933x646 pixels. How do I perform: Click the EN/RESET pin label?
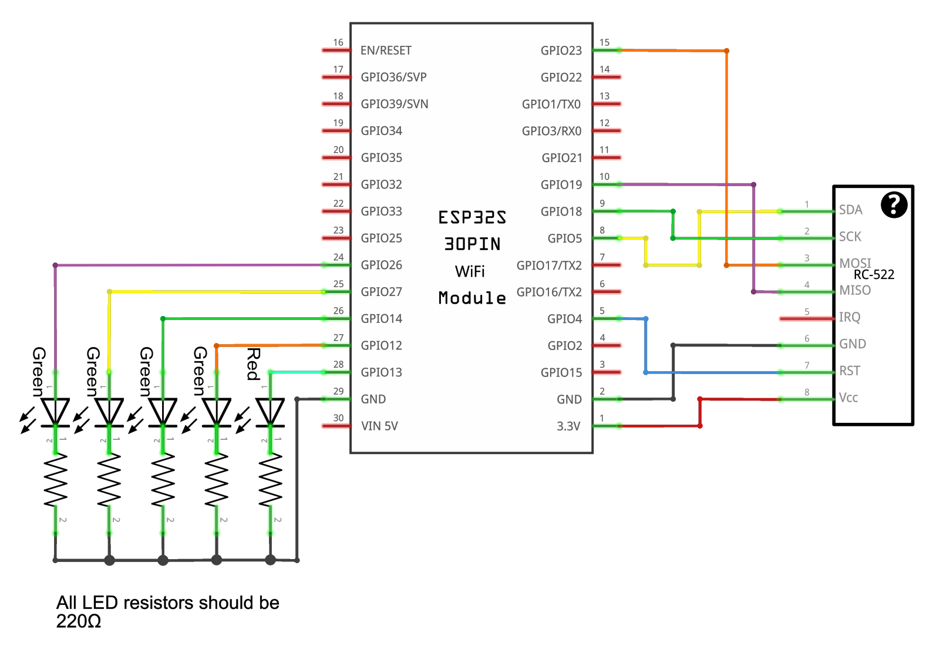coord(386,51)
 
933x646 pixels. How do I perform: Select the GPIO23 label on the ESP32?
coord(561,51)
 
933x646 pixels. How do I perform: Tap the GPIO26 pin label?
coord(381,265)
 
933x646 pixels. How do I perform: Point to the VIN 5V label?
coord(379,426)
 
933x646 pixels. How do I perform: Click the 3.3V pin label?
coord(568,426)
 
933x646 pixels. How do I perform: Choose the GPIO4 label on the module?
coord(564,319)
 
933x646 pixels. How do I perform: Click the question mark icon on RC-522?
coord(894,205)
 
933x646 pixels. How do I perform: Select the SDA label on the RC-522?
coord(850,210)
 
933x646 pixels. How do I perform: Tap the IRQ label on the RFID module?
coord(849,317)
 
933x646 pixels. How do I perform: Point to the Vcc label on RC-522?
coord(848,398)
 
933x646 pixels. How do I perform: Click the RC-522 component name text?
coord(874,274)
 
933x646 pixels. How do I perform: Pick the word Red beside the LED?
coord(253,364)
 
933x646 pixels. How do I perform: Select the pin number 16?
coord(338,42)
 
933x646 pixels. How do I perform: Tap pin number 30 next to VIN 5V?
coord(338,418)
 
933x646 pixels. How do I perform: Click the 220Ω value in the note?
coord(79,621)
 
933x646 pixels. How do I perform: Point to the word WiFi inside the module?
coord(470,271)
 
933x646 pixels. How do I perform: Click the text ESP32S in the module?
coord(472,217)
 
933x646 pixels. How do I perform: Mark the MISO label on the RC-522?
coord(854,290)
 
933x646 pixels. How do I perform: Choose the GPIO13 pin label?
coord(381,372)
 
